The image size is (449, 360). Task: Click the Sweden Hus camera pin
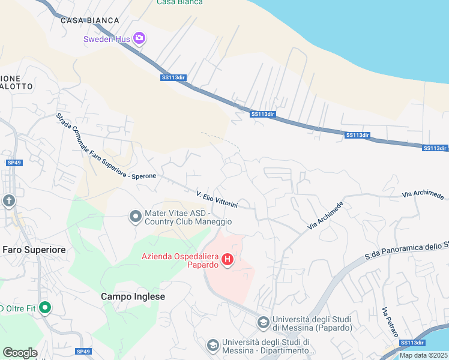[140, 39]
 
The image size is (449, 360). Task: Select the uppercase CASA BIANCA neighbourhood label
[90, 20]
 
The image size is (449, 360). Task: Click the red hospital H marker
[228, 259]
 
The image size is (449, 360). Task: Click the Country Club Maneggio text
[188, 221]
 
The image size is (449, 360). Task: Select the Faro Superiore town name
[34, 249]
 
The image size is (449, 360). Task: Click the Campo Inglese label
[133, 296]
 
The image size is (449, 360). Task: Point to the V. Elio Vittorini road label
[217, 200]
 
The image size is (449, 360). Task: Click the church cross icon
[9, 200]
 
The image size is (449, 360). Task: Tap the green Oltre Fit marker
[44, 308]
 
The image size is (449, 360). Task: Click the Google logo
[20, 352]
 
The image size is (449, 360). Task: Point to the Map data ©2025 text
[423, 355]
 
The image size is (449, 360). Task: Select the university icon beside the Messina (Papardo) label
[263, 323]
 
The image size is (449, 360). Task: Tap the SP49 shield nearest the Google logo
[83, 351]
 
